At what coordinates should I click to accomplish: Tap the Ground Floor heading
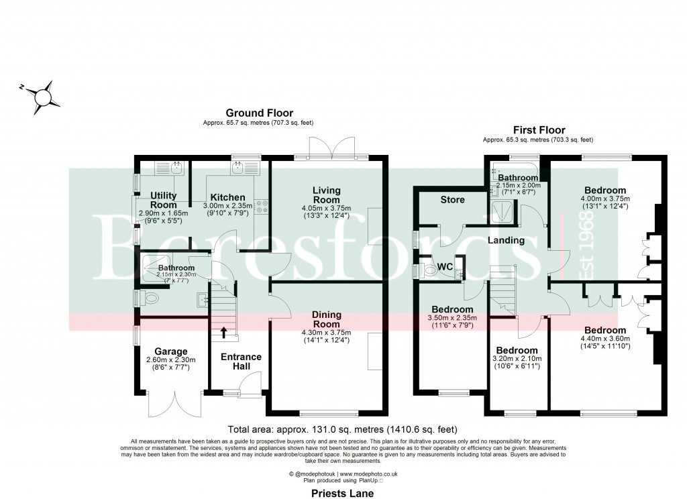click(x=259, y=113)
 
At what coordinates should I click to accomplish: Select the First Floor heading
click(x=539, y=130)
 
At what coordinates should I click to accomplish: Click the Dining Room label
click(x=327, y=319)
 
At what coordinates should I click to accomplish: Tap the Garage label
click(x=170, y=351)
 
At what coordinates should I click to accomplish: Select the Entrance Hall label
click(x=241, y=362)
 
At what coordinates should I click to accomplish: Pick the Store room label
click(x=452, y=200)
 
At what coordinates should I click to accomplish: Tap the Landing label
click(x=506, y=240)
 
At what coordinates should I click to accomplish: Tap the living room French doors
click(x=331, y=148)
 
